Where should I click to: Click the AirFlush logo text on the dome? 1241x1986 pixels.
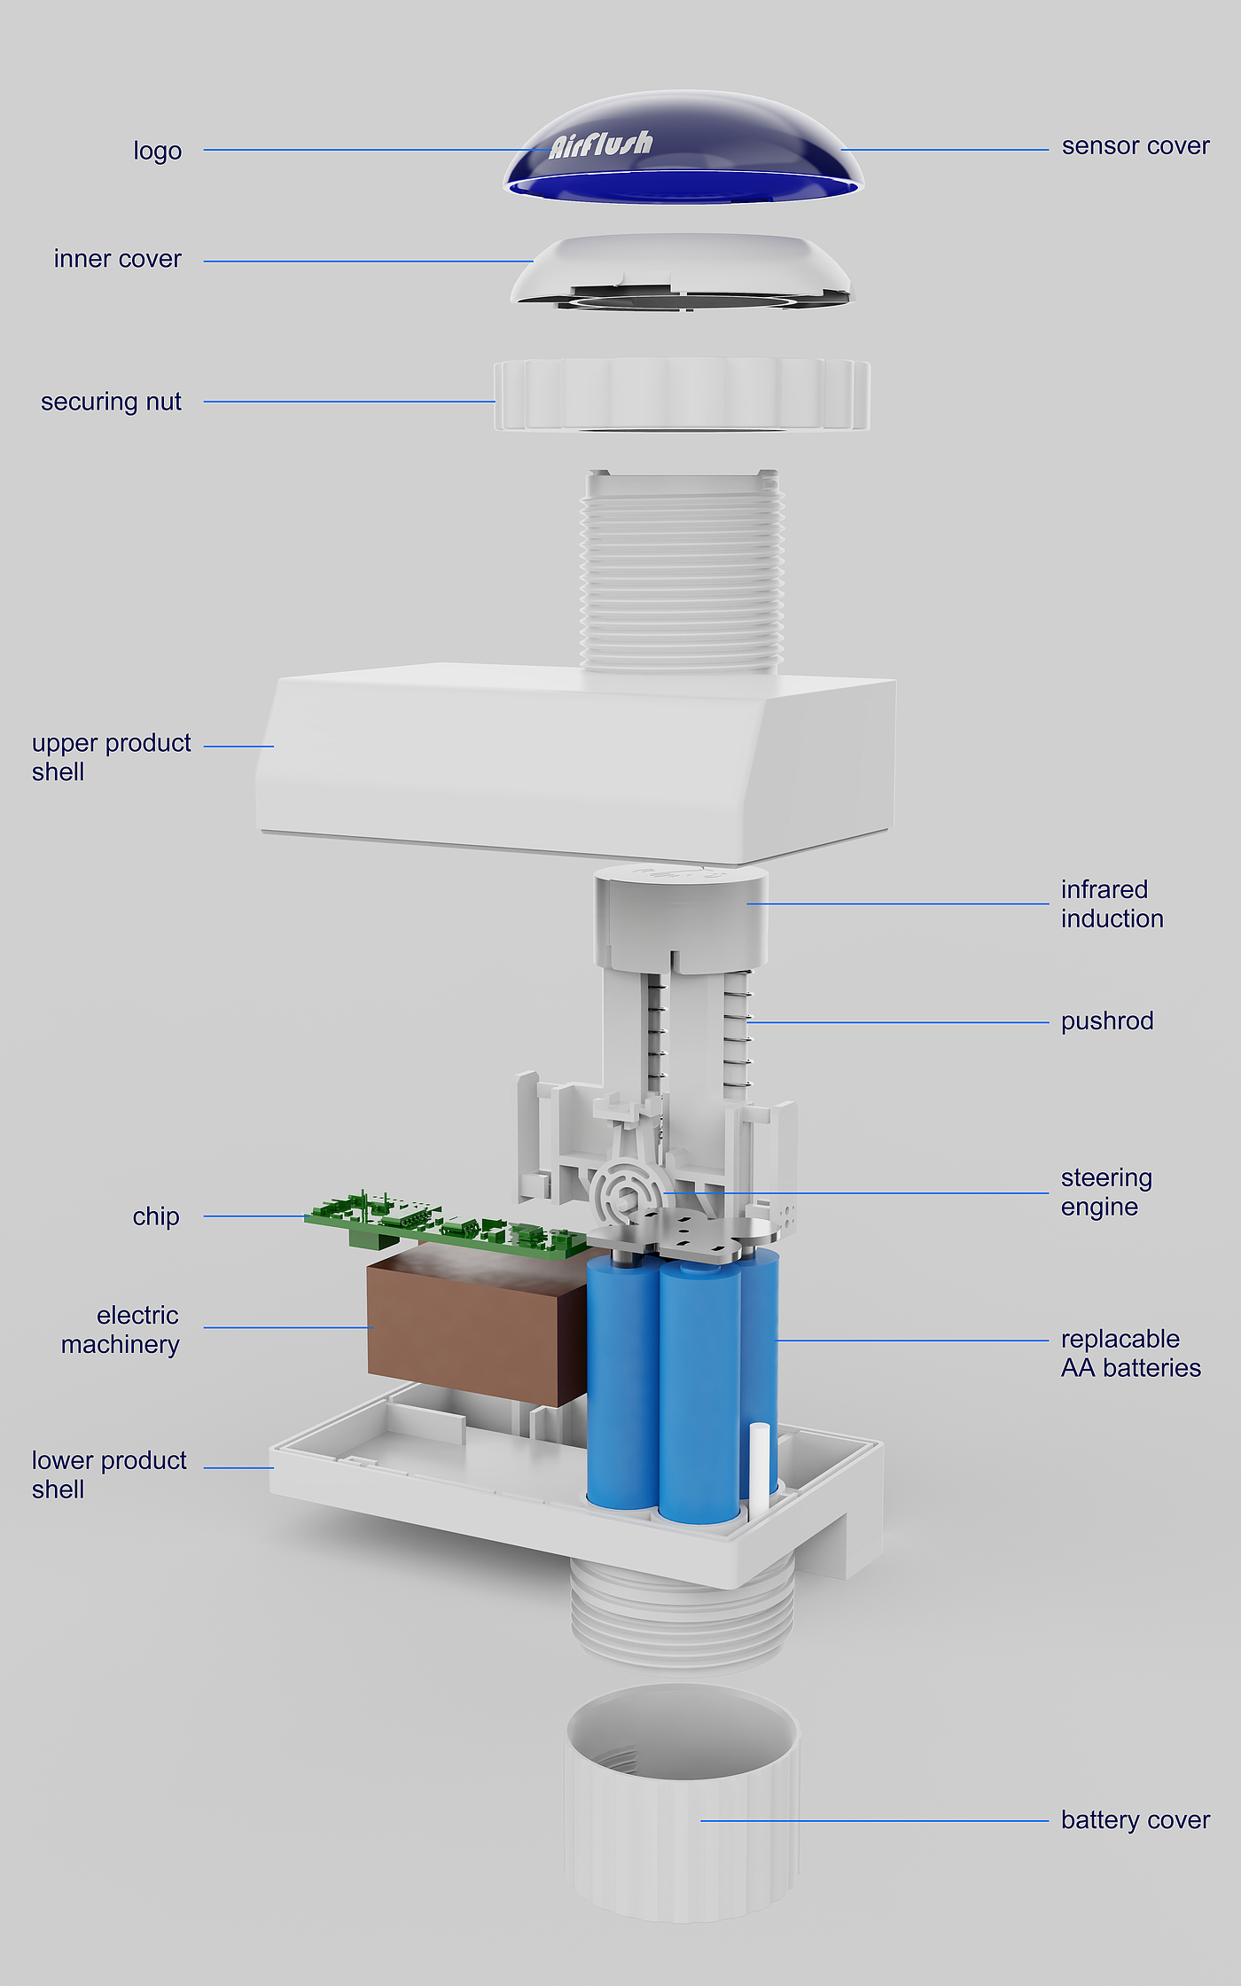(600, 144)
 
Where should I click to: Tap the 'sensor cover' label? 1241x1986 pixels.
(1135, 146)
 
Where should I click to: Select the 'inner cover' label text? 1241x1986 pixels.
(117, 259)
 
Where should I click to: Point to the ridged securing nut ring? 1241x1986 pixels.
(681, 395)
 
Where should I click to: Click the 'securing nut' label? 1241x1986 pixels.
(111, 403)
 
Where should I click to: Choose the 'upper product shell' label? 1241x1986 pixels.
(110, 757)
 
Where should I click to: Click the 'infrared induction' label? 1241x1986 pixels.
(1112, 904)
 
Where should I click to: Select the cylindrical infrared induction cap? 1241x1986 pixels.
(681, 913)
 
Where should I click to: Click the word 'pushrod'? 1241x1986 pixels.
(1106, 1021)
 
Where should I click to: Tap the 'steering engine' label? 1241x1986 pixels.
(1105, 1192)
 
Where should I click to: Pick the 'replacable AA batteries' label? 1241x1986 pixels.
(1130, 1354)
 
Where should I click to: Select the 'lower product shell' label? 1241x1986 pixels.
(108, 1475)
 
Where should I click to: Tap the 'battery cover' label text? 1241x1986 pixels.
(1135, 1820)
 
